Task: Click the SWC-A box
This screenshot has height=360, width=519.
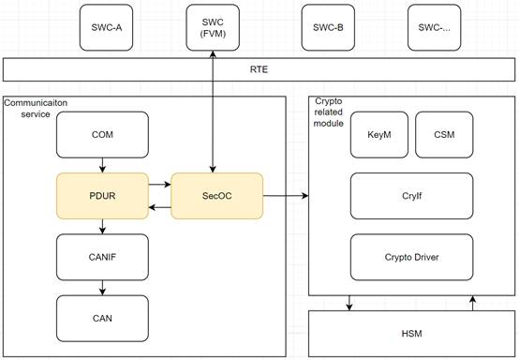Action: [106, 27]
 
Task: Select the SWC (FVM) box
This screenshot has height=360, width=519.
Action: [213, 27]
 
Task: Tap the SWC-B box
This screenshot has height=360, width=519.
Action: [328, 27]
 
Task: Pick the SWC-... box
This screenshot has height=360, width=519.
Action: [435, 27]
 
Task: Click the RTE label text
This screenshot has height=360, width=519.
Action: [259, 69]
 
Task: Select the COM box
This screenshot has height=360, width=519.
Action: [102, 134]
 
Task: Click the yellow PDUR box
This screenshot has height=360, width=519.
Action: [102, 196]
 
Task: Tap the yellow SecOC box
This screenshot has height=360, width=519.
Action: [216, 196]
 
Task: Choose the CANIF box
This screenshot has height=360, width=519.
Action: [102, 257]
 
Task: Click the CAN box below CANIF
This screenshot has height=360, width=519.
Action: [102, 318]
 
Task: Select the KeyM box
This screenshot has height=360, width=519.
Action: [379, 134]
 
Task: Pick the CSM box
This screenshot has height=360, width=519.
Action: [444, 134]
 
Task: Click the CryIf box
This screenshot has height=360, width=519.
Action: [412, 196]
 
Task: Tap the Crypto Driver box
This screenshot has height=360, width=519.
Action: [412, 257]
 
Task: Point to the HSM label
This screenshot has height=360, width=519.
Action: [412, 334]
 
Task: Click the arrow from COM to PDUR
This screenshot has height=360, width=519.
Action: [102, 165]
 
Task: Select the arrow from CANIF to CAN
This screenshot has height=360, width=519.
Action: [102, 288]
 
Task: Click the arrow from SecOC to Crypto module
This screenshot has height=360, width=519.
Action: [286, 196]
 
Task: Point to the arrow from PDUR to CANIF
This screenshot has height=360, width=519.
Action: [102, 227]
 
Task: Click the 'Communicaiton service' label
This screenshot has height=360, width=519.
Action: [36, 109]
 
